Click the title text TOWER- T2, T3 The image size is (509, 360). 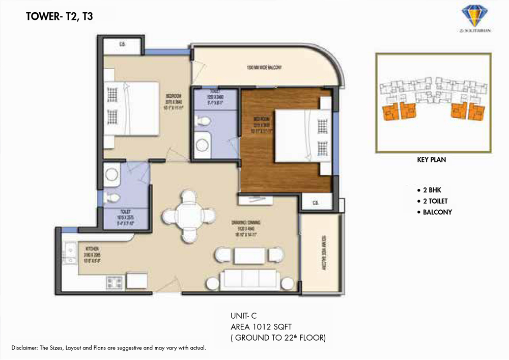(x=59, y=16)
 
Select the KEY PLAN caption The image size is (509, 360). (x=431, y=160)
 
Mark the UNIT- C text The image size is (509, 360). (x=244, y=316)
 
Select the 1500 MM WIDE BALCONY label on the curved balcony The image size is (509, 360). (x=264, y=68)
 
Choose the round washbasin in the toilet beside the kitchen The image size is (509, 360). (x=111, y=175)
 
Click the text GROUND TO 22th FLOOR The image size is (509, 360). (x=279, y=337)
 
